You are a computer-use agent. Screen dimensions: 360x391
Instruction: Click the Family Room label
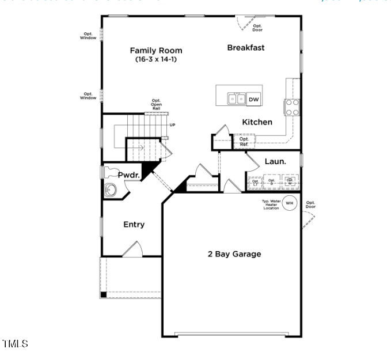pyautogui.click(x=155, y=51)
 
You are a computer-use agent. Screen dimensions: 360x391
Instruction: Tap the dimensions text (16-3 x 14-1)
pyautogui.click(x=155, y=59)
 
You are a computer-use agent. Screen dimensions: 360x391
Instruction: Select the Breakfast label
pyautogui.click(x=246, y=48)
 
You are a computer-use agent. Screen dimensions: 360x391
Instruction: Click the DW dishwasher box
pyautogui.click(x=254, y=100)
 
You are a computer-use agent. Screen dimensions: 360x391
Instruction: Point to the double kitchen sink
pyautogui.click(x=236, y=99)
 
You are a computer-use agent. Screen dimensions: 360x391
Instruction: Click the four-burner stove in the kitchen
pyautogui.click(x=292, y=107)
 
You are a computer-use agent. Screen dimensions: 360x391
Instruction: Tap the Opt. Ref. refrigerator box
pyautogui.click(x=244, y=141)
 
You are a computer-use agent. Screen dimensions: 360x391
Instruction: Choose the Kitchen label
pyautogui.click(x=257, y=122)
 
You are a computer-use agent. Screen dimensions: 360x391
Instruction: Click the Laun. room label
pyautogui.click(x=275, y=162)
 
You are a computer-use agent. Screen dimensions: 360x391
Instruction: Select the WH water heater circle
pyautogui.click(x=290, y=203)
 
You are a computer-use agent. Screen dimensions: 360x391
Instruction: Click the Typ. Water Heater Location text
pyautogui.click(x=271, y=204)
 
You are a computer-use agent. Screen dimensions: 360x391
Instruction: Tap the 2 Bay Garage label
pyautogui.click(x=234, y=254)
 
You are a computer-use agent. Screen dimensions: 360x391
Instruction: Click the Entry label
pyautogui.click(x=134, y=225)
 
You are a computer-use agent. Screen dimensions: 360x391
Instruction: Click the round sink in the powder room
pyautogui.click(x=111, y=190)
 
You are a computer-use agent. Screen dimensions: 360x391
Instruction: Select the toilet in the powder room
pyautogui.click(x=107, y=172)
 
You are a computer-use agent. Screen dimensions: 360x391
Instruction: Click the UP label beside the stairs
pyautogui.click(x=172, y=125)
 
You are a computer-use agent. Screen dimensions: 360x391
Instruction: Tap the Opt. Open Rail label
pyautogui.click(x=156, y=104)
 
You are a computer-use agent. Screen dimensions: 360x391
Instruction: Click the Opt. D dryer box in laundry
pyautogui.click(x=272, y=183)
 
